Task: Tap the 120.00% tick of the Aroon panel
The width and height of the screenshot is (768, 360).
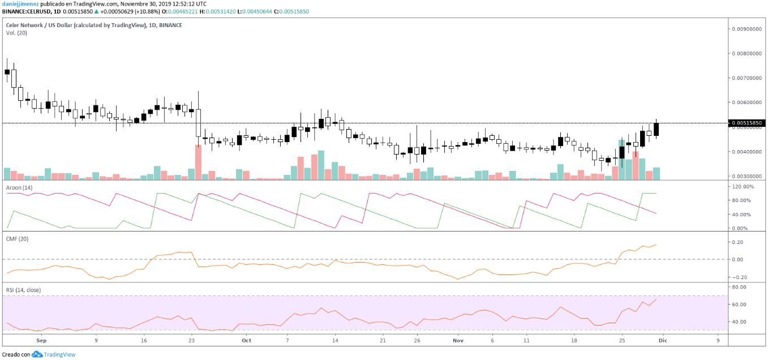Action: tap(743, 186)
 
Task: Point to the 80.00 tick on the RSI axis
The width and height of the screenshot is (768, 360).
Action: tap(738, 287)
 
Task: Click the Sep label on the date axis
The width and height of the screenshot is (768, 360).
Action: tap(40, 341)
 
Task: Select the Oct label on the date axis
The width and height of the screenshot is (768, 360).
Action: tap(246, 341)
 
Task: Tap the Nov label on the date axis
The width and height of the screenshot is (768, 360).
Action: tap(459, 341)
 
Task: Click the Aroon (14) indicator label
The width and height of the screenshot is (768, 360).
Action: tap(19, 187)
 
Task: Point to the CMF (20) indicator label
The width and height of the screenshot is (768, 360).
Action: tap(16, 239)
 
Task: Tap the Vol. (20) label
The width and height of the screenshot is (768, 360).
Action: tap(16, 33)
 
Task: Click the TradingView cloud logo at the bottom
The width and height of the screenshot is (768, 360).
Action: tap(37, 354)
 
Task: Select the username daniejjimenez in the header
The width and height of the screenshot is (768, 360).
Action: tap(20, 3)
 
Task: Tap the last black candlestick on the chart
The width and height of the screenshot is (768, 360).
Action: tap(657, 130)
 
